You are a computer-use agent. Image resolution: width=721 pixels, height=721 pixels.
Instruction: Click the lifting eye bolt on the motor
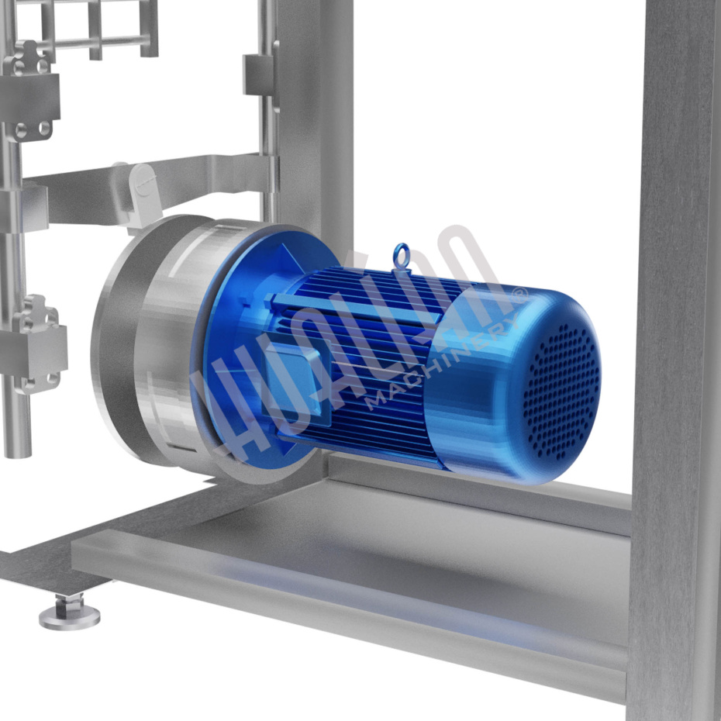[401, 256]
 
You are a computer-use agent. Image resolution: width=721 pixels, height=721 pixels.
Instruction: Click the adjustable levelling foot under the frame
[70, 612]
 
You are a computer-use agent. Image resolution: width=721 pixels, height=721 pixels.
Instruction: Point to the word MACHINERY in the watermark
[443, 363]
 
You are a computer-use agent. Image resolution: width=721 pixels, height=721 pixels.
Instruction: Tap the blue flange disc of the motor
[257, 350]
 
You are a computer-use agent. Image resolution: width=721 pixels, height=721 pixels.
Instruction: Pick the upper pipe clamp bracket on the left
[29, 92]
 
